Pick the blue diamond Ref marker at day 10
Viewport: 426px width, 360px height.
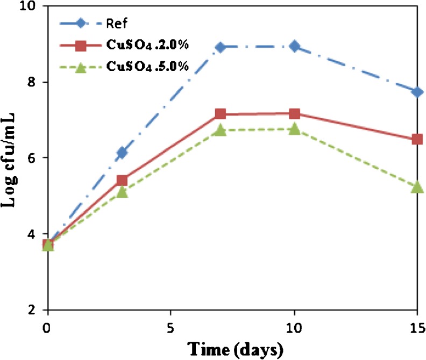click(294, 46)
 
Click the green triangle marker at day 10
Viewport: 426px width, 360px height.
click(294, 129)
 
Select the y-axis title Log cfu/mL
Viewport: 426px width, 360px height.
click(12, 159)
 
